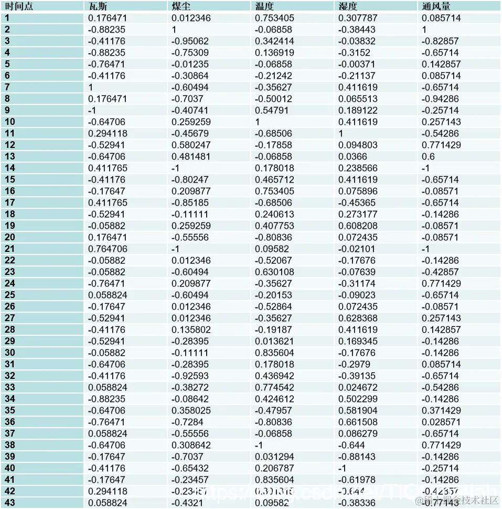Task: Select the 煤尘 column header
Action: (x=182, y=6)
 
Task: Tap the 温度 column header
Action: (x=265, y=6)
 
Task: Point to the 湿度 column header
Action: (x=348, y=6)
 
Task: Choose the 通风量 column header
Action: (x=436, y=6)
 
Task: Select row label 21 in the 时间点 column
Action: (x=10, y=249)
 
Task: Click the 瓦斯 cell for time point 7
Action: (x=91, y=87)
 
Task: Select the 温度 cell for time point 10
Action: (x=258, y=122)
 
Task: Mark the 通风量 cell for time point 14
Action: (x=426, y=168)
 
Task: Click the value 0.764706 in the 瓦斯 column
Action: (x=108, y=249)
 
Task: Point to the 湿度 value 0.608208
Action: (x=358, y=226)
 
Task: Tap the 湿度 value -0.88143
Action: (x=357, y=457)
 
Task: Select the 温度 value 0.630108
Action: (x=274, y=272)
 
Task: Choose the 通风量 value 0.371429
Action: (x=442, y=410)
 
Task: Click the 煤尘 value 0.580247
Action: (x=191, y=145)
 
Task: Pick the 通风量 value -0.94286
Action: (x=441, y=99)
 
